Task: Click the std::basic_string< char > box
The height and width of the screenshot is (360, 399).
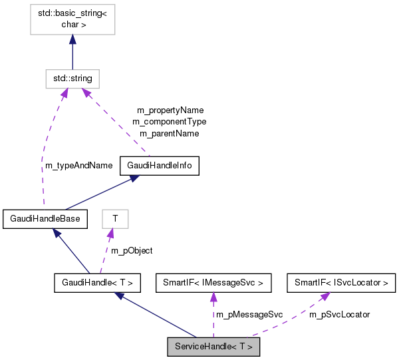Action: pyautogui.click(x=72, y=18)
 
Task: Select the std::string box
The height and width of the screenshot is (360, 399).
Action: pyautogui.click(x=72, y=79)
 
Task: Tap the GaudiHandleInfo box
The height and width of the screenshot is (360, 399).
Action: pyautogui.click(x=160, y=166)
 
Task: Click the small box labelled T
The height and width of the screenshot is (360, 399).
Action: pyautogui.click(x=114, y=218)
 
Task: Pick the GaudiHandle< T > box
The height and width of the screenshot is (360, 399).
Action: pyautogui.click(x=97, y=283)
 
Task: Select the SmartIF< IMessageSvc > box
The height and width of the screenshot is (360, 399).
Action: pyautogui.click(x=213, y=283)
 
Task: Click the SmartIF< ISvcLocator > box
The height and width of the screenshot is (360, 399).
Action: pyautogui.click(x=341, y=283)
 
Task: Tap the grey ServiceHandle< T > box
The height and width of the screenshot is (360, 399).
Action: pyautogui.click(x=213, y=347)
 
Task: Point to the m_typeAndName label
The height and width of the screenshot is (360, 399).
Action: pyautogui.click(x=74, y=166)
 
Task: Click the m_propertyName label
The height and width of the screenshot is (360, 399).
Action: pyautogui.click(x=170, y=110)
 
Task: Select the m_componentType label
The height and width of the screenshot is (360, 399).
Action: pyautogui.click(x=169, y=122)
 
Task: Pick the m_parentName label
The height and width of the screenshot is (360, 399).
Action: pyautogui.click(x=169, y=133)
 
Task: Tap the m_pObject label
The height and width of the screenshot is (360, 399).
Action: pyautogui.click(x=132, y=250)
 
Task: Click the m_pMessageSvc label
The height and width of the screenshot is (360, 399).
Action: pyautogui.click(x=249, y=314)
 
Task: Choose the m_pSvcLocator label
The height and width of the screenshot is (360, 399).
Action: pyautogui.click(x=339, y=314)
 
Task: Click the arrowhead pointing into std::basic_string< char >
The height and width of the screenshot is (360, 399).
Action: pyautogui.click(x=72, y=40)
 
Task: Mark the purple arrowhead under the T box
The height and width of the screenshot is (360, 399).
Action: pyautogui.click(x=112, y=232)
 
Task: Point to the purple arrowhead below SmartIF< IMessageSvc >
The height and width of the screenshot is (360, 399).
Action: pyautogui.click(x=213, y=297)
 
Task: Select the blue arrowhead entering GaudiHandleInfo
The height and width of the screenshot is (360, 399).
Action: pyautogui.click(x=135, y=178)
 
